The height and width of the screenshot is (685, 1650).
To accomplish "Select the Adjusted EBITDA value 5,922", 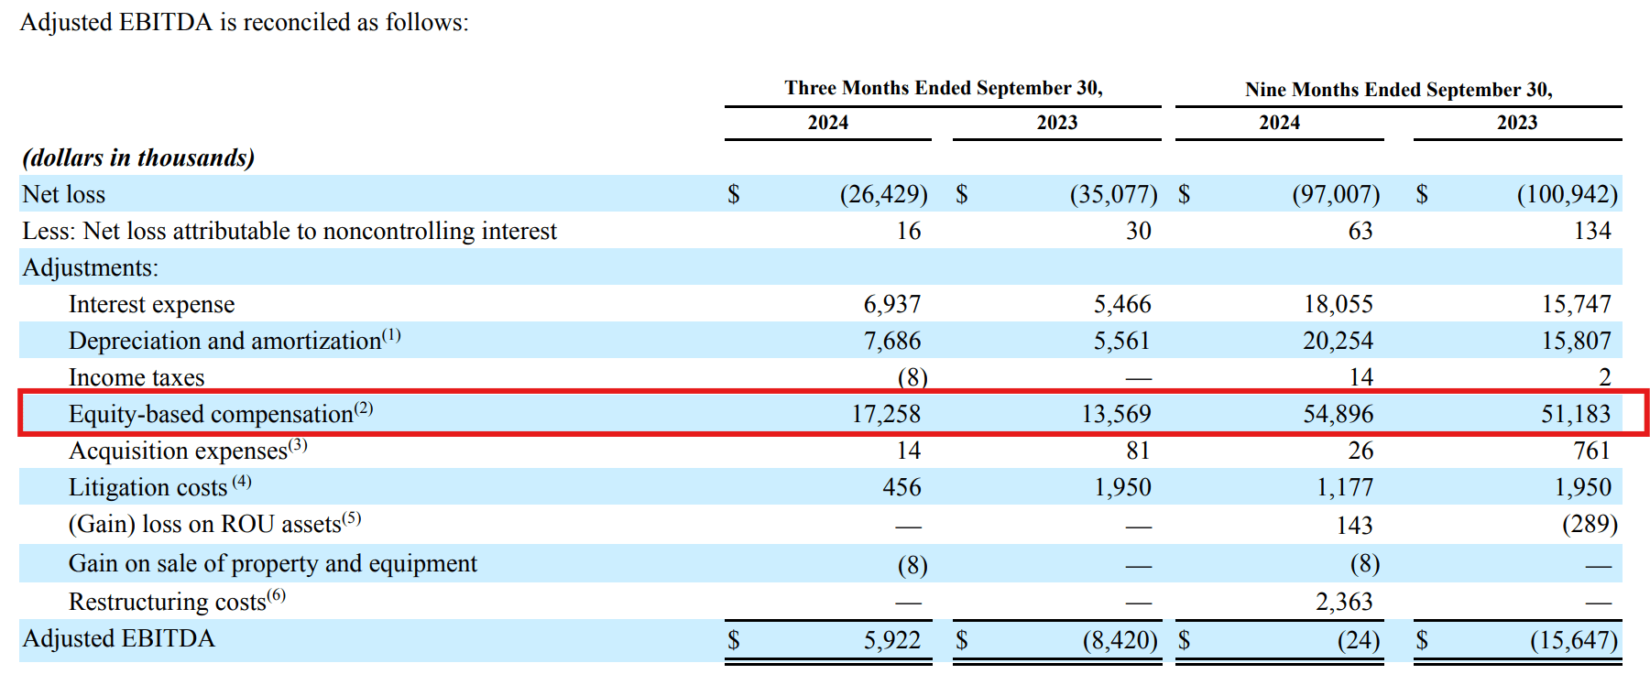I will (x=891, y=639).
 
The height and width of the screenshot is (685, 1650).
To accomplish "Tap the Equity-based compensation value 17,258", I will (x=886, y=414).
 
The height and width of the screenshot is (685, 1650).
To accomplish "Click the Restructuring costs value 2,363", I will (x=1344, y=602).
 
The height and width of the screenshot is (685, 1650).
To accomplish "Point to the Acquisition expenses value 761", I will (x=1591, y=451).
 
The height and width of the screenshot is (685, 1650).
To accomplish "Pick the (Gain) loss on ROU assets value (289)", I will (x=1590, y=524).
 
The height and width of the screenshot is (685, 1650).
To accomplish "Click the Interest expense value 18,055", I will (x=1338, y=304).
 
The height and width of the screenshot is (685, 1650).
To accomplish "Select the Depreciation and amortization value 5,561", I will (x=1121, y=341).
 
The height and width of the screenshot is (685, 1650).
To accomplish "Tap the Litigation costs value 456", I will (x=901, y=487).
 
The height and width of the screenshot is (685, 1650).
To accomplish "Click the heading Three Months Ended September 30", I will (x=943, y=88).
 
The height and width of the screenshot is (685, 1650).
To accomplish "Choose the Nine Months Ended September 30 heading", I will (x=1398, y=90).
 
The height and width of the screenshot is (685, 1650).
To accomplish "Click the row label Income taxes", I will (x=137, y=377).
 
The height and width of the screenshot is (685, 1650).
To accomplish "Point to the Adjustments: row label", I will (x=90, y=267).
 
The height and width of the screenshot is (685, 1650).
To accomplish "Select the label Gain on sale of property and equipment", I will (x=272, y=563).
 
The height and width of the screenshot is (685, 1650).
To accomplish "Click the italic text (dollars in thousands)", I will (x=138, y=158).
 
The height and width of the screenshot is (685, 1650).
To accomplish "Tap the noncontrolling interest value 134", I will (x=1591, y=231).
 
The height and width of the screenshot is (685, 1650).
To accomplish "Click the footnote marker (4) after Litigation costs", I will (x=241, y=482).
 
